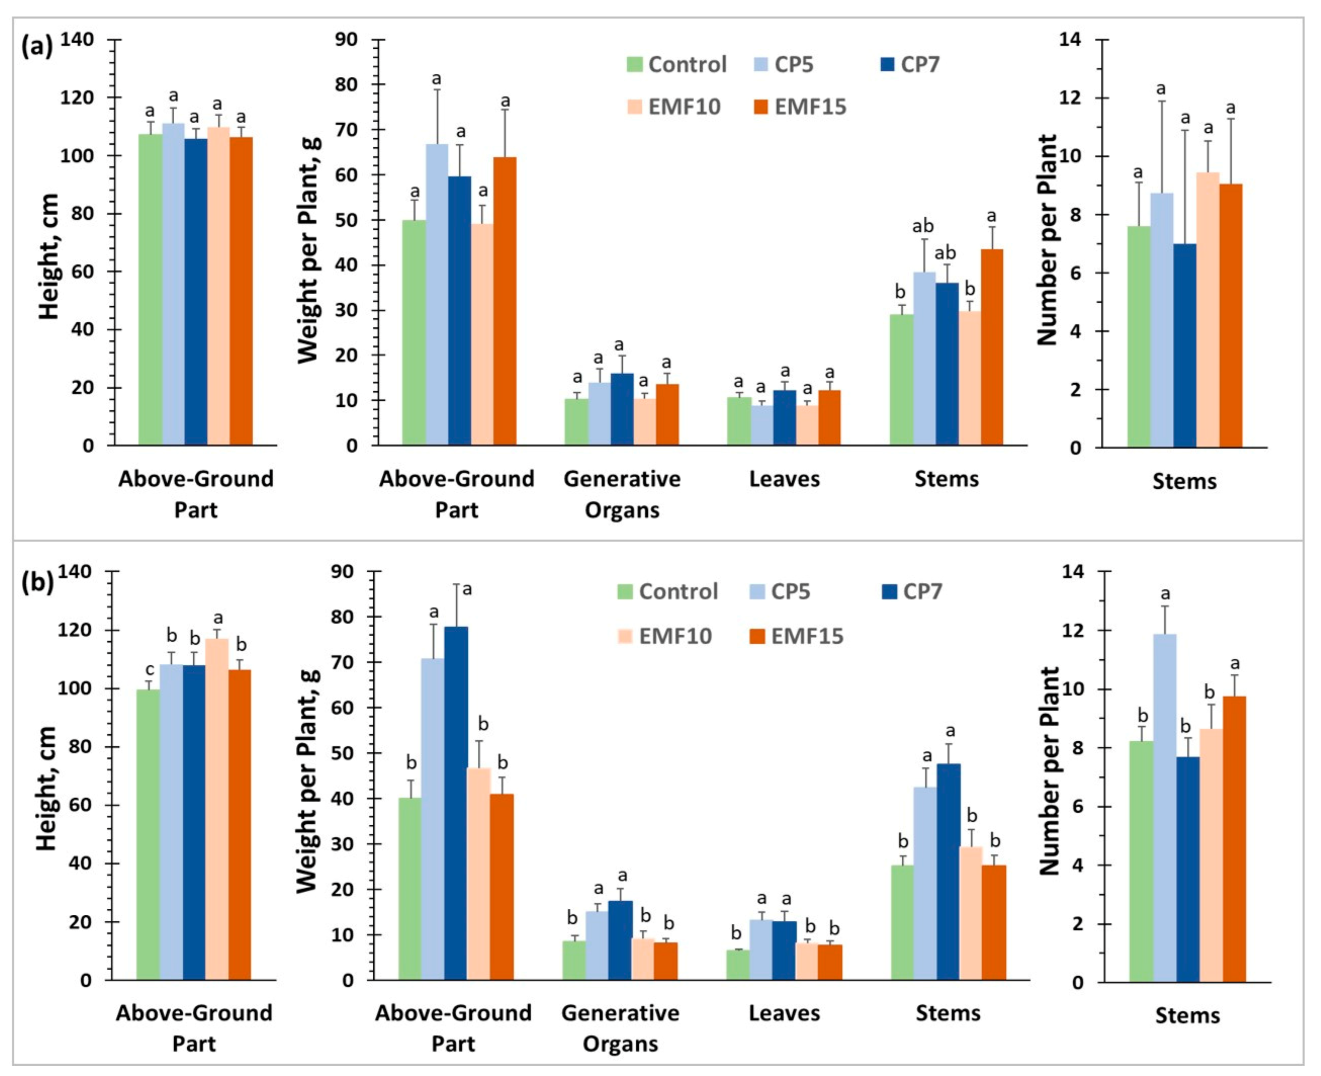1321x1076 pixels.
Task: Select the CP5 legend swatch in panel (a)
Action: point(761,64)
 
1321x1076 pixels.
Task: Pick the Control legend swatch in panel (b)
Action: point(625,591)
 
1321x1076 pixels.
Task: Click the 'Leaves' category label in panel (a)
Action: point(784,479)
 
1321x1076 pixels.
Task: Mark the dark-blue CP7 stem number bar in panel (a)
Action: point(1185,345)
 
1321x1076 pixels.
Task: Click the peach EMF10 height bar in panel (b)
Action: point(217,809)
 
